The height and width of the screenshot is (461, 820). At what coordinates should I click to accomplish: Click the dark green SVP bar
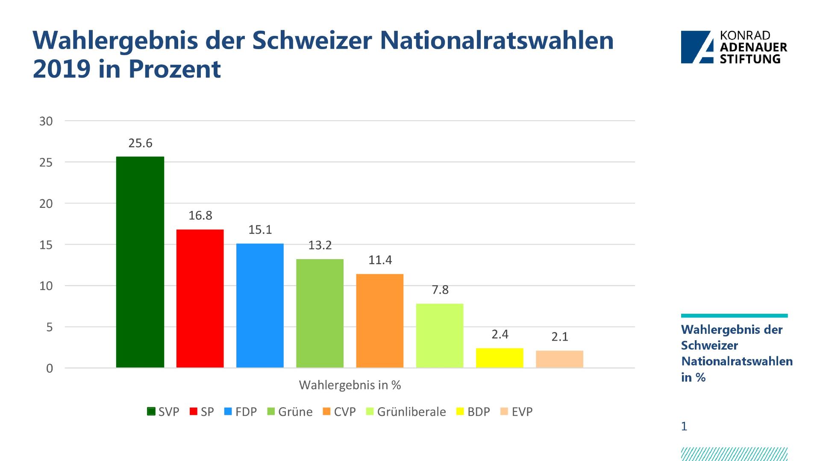click(x=140, y=262)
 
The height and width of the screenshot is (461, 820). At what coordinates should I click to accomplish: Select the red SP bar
click(x=200, y=298)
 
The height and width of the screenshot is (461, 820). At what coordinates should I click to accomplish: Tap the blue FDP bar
click(x=260, y=306)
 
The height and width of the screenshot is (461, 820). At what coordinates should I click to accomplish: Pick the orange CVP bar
click(x=379, y=321)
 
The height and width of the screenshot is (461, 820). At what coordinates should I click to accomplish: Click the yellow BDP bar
click(x=500, y=358)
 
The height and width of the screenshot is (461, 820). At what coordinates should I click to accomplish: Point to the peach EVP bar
click(x=559, y=359)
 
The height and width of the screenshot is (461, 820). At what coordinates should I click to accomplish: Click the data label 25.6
click(x=140, y=143)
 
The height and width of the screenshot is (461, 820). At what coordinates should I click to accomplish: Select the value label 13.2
click(x=320, y=245)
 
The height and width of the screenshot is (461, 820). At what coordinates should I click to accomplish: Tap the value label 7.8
click(x=440, y=290)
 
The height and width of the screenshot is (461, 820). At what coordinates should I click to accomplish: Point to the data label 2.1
click(x=560, y=337)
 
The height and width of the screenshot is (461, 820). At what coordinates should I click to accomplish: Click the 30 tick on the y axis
click(x=46, y=121)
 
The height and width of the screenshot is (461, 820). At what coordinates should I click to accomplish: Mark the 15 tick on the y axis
click(x=46, y=245)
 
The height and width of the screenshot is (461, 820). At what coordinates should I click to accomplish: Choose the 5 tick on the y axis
click(x=50, y=327)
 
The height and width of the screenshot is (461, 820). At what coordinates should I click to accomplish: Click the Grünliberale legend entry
click(x=406, y=412)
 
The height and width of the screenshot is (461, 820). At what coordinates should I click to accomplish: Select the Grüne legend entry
click(x=290, y=412)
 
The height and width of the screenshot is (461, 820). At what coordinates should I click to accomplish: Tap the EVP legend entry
click(x=517, y=412)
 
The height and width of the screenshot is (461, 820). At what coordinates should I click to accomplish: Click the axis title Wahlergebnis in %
click(x=350, y=385)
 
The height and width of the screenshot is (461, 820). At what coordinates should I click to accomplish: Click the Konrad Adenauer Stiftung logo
click(x=734, y=47)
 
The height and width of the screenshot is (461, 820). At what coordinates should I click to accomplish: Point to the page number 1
click(x=684, y=426)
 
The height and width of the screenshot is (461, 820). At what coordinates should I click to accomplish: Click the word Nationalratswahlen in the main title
click(x=497, y=41)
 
